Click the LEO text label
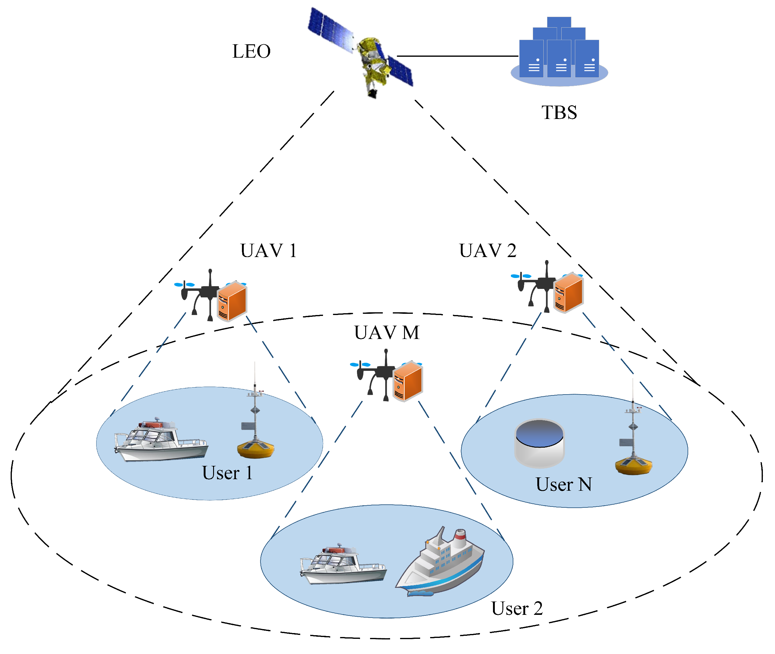[x=251, y=51]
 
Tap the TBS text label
[x=559, y=112]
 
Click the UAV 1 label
[x=268, y=251]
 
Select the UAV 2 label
[x=487, y=251]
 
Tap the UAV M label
[x=386, y=333]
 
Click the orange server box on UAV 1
[x=232, y=301]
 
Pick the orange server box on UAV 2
[x=569, y=293]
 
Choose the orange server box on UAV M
[x=408, y=381]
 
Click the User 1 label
[x=227, y=473]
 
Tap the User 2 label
[x=517, y=608]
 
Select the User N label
[x=563, y=484]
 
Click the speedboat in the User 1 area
[x=161, y=441]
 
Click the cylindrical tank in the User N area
[x=539, y=443]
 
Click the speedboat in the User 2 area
[x=343, y=565]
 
